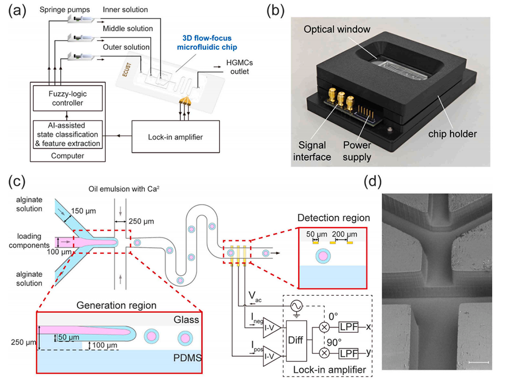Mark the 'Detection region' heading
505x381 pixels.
333,217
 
